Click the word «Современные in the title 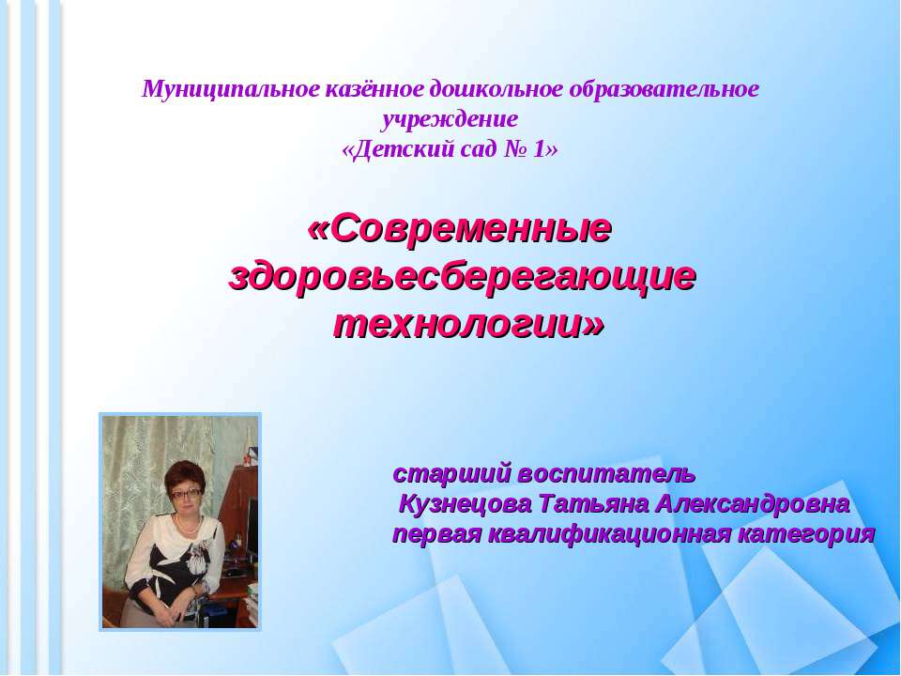click(x=460, y=228)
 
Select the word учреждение click(x=450, y=120)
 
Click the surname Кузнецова click(x=465, y=503)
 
